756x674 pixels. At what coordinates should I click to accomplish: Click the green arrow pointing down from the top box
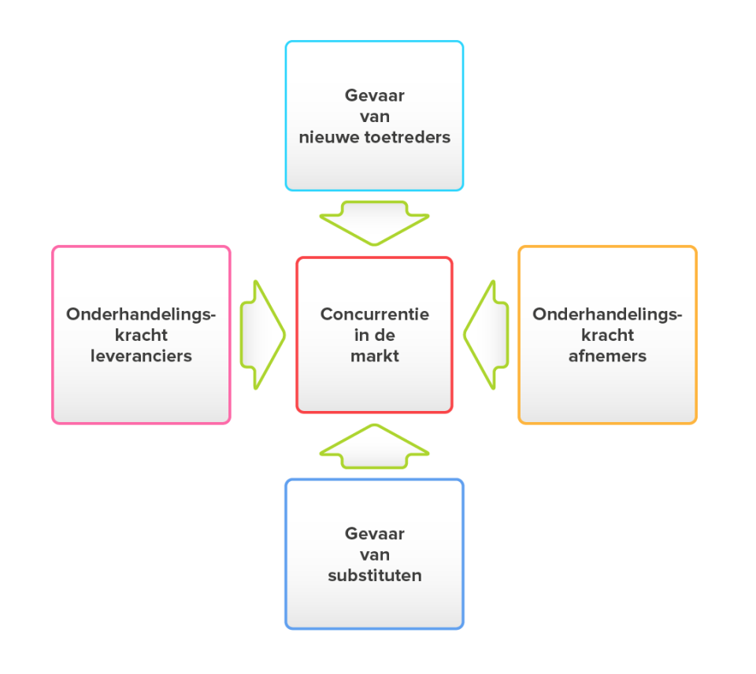click(x=374, y=223)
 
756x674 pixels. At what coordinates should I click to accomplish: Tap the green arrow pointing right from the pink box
click(x=261, y=335)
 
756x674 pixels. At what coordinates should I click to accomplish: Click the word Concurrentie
click(x=374, y=314)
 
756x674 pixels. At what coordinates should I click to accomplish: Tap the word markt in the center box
click(x=374, y=356)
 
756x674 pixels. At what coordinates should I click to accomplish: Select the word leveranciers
click(x=141, y=356)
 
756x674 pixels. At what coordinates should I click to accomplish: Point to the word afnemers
click(x=607, y=356)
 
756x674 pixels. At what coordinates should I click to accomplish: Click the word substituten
click(x=374, y=576)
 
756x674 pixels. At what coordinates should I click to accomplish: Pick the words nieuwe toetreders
click(x=374, y=137)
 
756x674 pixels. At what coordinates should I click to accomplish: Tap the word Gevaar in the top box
click(x=374, y=95)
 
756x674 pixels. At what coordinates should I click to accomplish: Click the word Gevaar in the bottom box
click(x=374, y=534)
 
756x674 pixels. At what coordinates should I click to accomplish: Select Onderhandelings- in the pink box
click(x=141, y=314)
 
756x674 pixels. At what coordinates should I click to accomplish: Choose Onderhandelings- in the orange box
click(x=607, y=314)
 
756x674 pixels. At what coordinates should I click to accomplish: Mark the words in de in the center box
click(x=374, y=335)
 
